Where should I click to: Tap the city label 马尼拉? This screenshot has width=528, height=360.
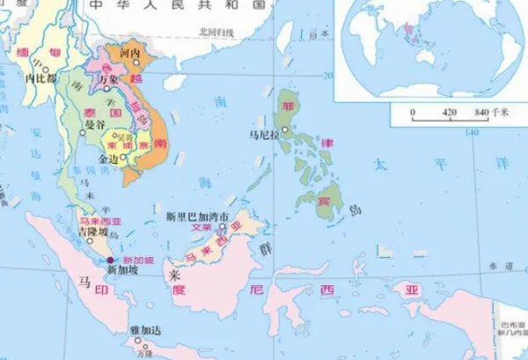point(262,135)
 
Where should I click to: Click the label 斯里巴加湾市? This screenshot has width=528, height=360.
point(197,216)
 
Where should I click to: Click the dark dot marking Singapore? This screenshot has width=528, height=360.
point(110,261)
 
